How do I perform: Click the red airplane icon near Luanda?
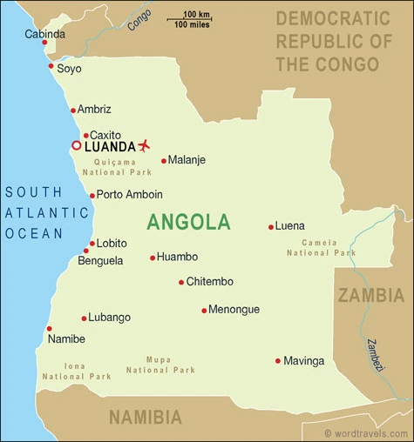pyautogui.click(x=144, y=144)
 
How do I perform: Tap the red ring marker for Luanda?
pyautogui.click(x=77, y=145)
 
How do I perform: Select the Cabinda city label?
pyautogui.click(x=44, y=34)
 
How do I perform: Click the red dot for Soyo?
pyautogui.click(x=51, y=66)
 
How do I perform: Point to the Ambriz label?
pyautogui.click(x=94, y=110)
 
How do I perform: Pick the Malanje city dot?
pyautogui.click(x=163, y=160)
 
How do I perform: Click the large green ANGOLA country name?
pyautogui.click(x=188, y=222)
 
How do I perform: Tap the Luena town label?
pyautogui.click(x=289, y=226)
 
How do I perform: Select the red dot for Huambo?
pyautogui.click(x=153, y=258)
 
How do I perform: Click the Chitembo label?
pyautogui.click(x=210, y=282)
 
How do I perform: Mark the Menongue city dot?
pyautogui.click(x=204, y=310)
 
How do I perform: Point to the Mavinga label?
pyautogui.click(x=304, y=360)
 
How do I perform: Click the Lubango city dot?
pyautogui.click(x=85, y=318)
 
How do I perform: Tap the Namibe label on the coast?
pyautogui.click(x=66, y=338)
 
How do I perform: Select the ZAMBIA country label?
pyautogui.click(x=371, y=295)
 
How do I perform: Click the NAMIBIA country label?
pyautogui.click(x=152, y=419)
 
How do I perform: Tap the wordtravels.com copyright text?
pyautogui.click(x=366, y=432)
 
